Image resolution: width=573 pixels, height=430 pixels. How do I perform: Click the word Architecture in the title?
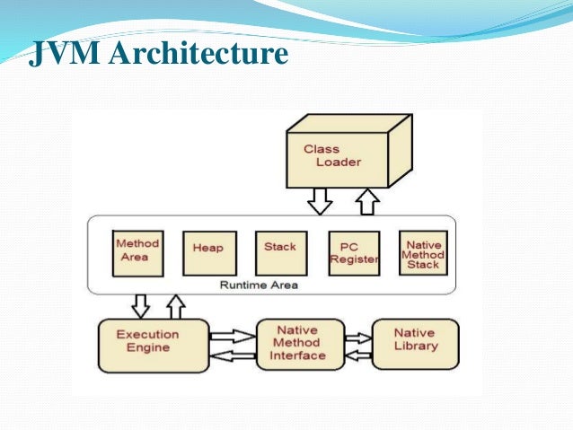pyautogui.click(x=199, y=55)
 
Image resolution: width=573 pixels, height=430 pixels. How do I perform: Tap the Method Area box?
pyautogui.click(x=137, y=250)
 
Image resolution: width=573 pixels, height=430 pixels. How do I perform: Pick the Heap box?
pyautogui.click(x=208, y=252)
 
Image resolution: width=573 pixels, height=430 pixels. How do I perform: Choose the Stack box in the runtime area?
pyautogui.click(x=279, y=251)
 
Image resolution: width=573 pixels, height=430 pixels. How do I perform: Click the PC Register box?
pyautogui.click(x=353, y=252)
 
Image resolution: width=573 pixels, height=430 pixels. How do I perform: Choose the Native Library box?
pyautogui.click(x=416, y=341)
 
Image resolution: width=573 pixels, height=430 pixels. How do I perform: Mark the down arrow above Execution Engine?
pyautogui.click(x=141, y=305)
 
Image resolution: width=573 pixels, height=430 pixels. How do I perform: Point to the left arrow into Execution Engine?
pyautogui.click(x=233, y=355)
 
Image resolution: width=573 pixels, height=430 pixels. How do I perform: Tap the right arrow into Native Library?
pyautogui.click(x=357, y=338)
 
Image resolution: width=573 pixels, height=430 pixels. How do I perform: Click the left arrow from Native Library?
pyautogui.click(x=357, y=354)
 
